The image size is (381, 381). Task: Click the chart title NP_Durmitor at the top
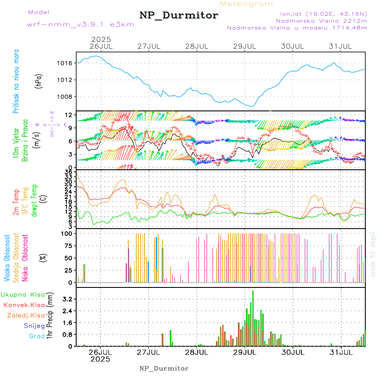(x=179, y=16)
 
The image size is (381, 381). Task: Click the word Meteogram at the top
(x=246, y=4)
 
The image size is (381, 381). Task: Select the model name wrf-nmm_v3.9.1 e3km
(x=80, y=25)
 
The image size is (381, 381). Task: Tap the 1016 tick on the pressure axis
(x=68, y=63)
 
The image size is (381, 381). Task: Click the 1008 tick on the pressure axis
(x=68, y=97)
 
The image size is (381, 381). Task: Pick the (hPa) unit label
(x=39, y=81)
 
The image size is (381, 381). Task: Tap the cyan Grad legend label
(x=36, y=336)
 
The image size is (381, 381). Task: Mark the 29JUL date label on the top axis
(x=245, y=46)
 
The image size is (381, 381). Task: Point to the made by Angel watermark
(x=373, y=254)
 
